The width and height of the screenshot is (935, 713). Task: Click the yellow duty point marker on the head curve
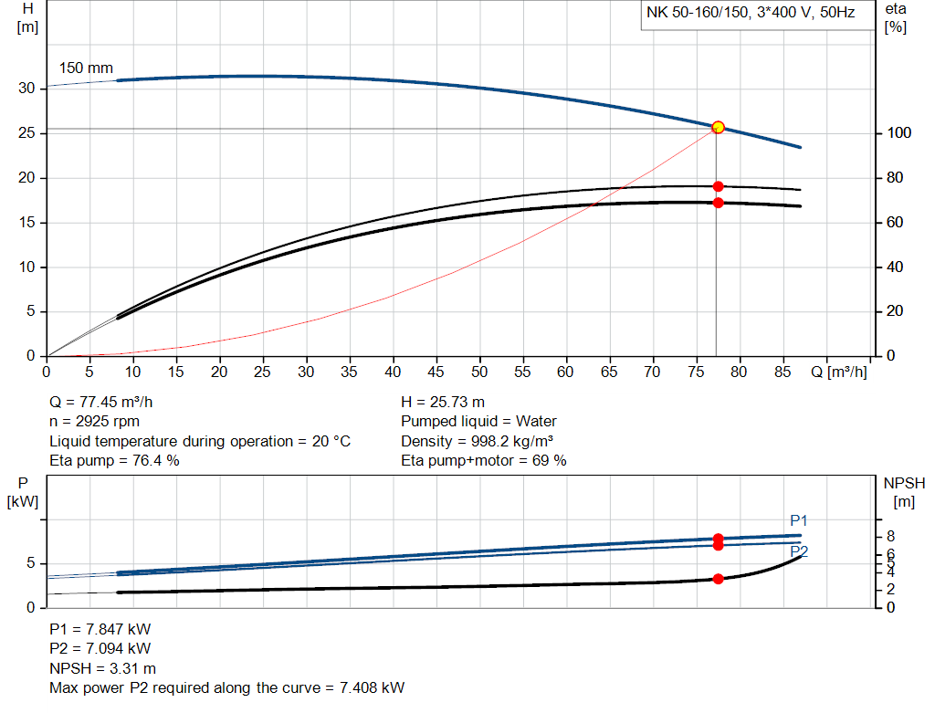coord(718,127)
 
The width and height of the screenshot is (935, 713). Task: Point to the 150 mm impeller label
coord(86,68)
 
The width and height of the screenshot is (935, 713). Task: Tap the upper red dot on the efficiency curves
coord(718,186)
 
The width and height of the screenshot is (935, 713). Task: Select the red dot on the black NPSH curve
coord(718,579)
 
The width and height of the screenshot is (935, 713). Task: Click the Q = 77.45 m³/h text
coord(108,402)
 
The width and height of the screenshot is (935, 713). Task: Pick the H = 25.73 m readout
coord(443,402)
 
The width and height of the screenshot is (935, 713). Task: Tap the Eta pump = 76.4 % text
coord(114,460)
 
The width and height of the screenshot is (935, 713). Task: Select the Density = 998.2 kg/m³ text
coord(477,441)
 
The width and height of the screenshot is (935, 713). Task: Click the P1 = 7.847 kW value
coord(100,629)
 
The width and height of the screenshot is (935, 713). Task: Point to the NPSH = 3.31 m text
coord(102,668)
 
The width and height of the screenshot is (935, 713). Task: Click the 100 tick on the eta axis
coord(899,133)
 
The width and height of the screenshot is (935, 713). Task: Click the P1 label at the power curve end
coord(799,520)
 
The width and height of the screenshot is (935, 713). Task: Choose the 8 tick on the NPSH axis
coord(888,536)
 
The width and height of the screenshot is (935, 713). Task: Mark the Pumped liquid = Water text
coord(478,421)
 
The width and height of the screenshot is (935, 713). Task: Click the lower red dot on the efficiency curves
coord(718,203)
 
